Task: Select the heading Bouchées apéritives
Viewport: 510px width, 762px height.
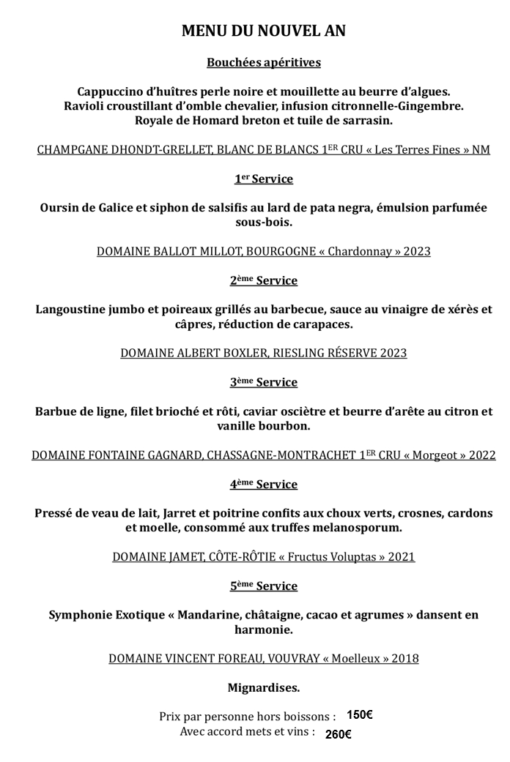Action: pos(263,63)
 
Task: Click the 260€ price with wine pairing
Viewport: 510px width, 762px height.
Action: pos(339,734)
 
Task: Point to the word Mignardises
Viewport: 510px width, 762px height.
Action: pos(263,688)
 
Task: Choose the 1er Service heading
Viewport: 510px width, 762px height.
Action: pos(263,179)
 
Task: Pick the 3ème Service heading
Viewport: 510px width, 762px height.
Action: pos(263,383)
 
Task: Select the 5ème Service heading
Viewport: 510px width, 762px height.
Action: pos(263,586)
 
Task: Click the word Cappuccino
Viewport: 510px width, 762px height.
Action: pos(111,92)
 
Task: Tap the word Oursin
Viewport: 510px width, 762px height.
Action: pos(62,208)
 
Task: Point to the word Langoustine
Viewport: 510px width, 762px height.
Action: pos(72,310)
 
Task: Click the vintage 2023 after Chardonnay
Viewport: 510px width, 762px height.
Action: pos(416,252)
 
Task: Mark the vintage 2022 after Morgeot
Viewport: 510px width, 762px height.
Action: pos(481,455)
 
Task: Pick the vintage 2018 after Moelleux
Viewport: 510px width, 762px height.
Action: pos(404,659)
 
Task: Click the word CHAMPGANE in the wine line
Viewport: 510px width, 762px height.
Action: pos(70,150)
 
